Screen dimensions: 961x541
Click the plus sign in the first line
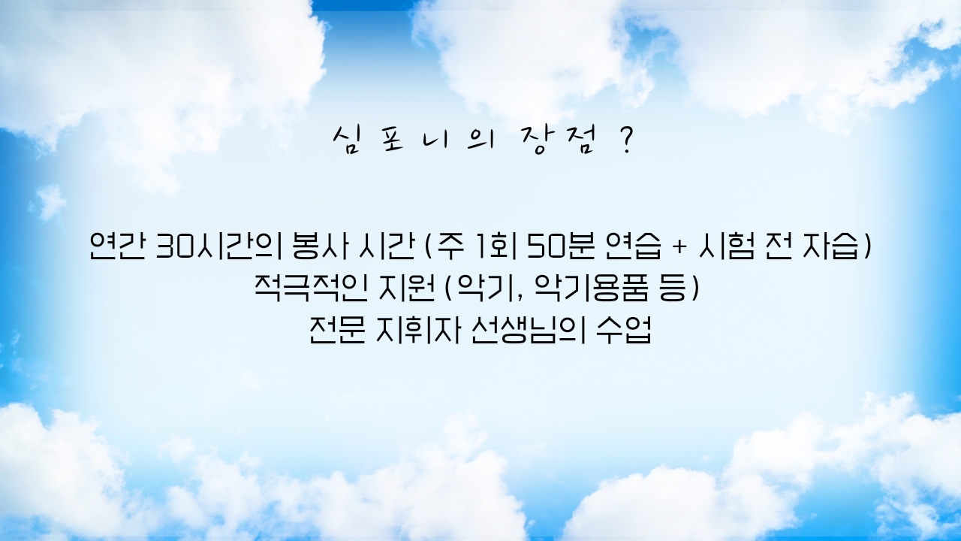click(x=680, y=248)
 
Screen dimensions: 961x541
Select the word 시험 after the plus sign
click(x=726, y=246)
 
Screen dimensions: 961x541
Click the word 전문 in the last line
click(x=337, y=330)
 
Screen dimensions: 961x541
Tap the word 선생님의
click(x=528, y=330)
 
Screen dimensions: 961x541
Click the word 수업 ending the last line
click(x=624, y=330)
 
